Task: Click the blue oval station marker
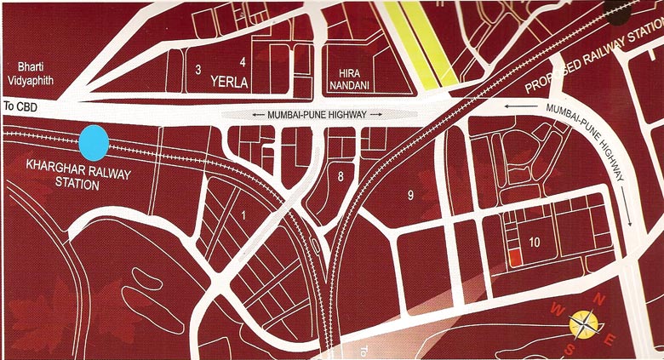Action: click(x=93, y=142)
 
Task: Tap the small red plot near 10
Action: click(x=514, y=258)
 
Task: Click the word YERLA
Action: click(x=231, y=83)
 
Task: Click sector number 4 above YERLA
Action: click(x=243, y=62)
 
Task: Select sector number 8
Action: click(x=341, y=177)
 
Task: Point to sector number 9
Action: click(x=410, y=197)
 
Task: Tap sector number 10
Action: click(x=535, y=243)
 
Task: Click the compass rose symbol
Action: click(x=585, y=323)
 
